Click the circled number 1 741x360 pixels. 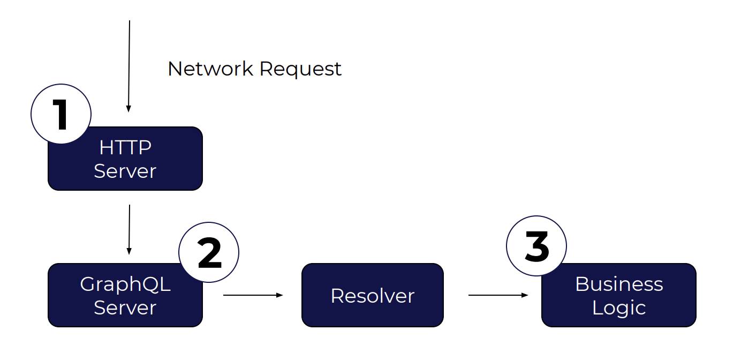(x=61, y=114)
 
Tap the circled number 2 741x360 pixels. (x=209, y=252)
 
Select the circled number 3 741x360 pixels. (x=536, y=246)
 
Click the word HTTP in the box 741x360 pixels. (x=125, y=147)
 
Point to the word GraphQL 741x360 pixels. (x=125, y=284)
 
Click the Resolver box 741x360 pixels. (x=373, y=295)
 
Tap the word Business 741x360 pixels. (x=619, y=284)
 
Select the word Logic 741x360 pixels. (x=619, y=308)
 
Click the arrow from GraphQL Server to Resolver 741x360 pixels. (x=252, y=295)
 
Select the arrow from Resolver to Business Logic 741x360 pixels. (x=497, y=295)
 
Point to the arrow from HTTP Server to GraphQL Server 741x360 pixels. (x=129, y=228)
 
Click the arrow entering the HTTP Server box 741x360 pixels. (x=129, y=64)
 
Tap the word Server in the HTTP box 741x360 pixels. (x=125, y=171)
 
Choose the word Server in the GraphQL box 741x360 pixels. (x=125, y=308)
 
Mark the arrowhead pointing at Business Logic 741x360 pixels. (x=525, y=295)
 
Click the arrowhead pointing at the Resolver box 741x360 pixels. (x=279, y=295)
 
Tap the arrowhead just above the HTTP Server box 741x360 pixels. (x=128, y=109)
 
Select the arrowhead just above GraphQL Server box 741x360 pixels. (x=128, y=251)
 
